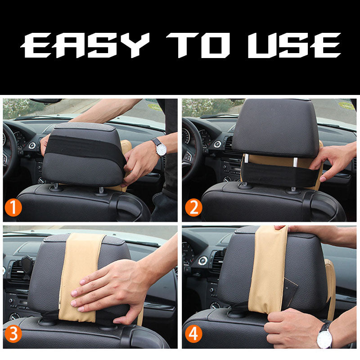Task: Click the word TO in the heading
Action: (198, 45)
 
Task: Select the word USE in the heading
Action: (294, 45)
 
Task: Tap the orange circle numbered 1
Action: (13, 207)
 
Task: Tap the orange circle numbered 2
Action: (193, 207)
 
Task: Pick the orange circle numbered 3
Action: (13, 334)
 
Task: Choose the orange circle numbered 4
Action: (193, 334)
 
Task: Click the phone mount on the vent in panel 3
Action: (27, 266)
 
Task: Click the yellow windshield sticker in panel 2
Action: (346, 106)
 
